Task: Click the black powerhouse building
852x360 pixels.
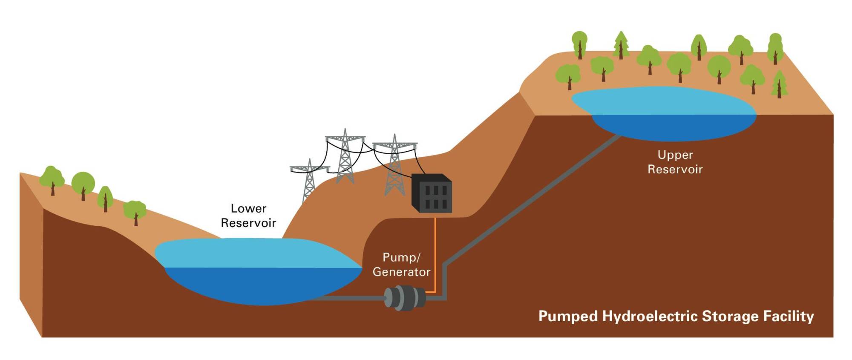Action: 431,194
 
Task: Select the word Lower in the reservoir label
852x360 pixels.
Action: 248,209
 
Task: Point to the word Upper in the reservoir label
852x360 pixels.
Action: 675,155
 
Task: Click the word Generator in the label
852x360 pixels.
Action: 401,272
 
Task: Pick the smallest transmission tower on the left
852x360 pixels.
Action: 309,179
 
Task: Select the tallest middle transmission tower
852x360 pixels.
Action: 345,156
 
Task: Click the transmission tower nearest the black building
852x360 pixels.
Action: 394,166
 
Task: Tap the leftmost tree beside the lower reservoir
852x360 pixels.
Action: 52,179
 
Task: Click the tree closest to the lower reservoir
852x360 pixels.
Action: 135,212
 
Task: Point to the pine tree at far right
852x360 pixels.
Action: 779,84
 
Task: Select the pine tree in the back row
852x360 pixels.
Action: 621,44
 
